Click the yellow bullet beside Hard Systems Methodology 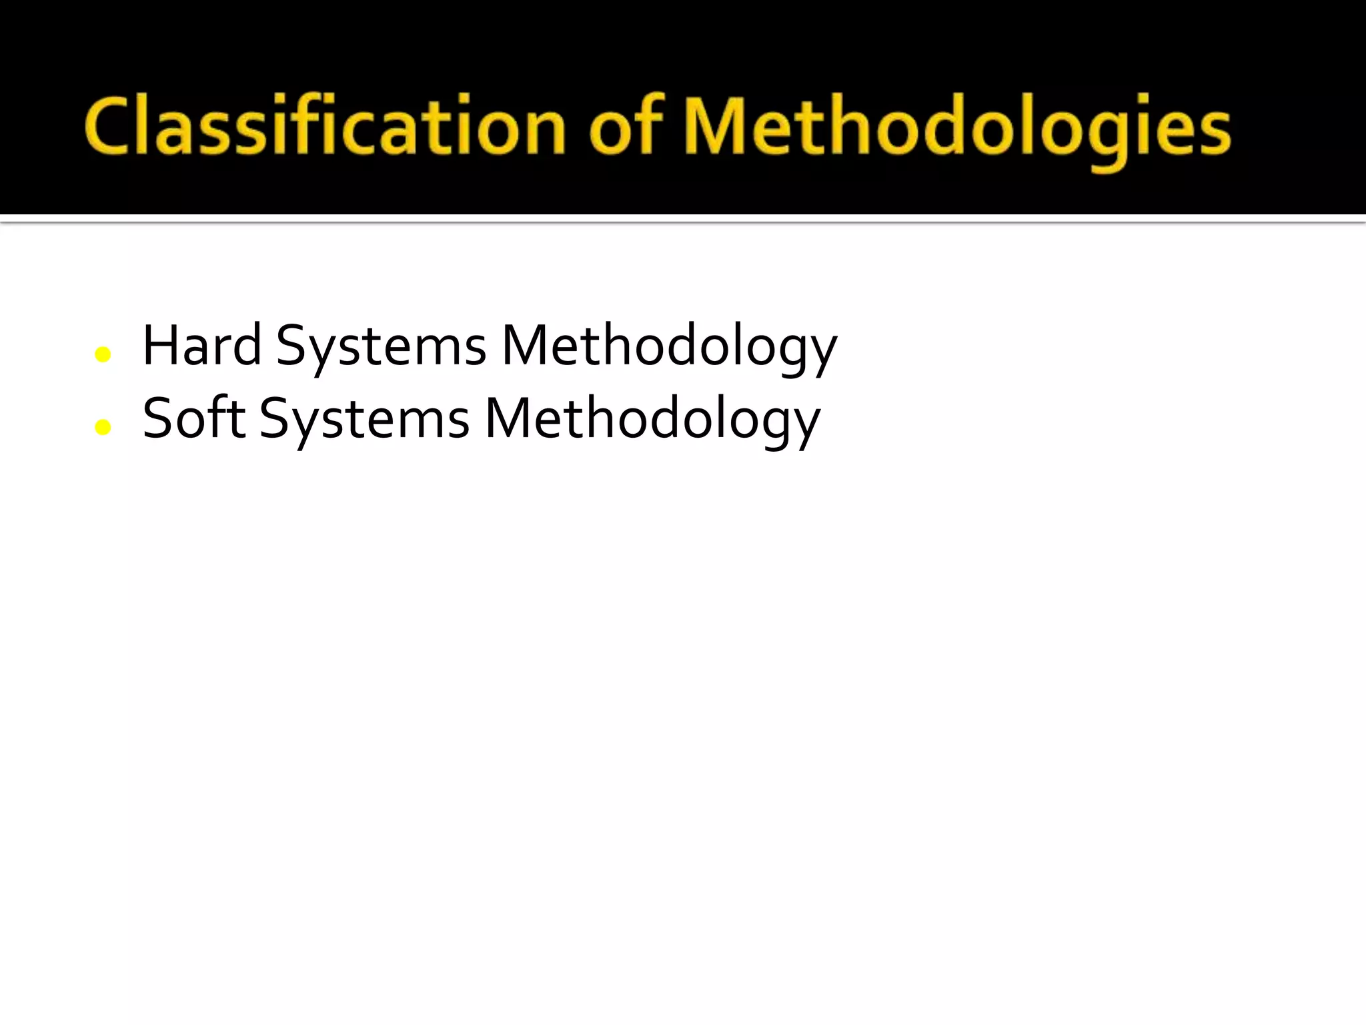(103, 354)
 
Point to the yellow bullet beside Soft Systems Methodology (103, 427)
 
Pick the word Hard (201, 346)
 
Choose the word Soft (193, 418)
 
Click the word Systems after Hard (381, 347)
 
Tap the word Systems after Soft (364, 420)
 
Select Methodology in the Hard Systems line (669, 347)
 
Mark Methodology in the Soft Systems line (652, 420)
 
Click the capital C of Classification (107, 127)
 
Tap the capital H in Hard (158, 346)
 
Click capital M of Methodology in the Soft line (508, 418)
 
